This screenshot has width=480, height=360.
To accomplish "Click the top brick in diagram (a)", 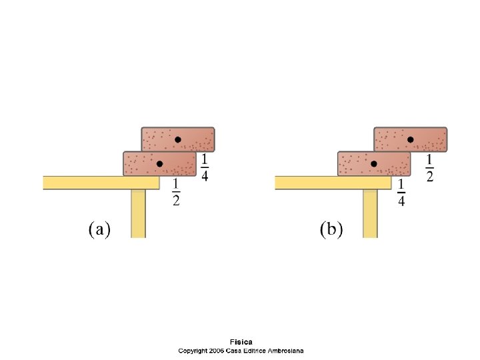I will click(x=177, y=139).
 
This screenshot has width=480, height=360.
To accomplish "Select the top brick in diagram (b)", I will click(x=410, y=139).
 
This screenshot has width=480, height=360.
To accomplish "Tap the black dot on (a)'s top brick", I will click(x=178, y=139).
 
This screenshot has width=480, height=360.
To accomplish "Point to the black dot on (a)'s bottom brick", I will click(x=159, y=164).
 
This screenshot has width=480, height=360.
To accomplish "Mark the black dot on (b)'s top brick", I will click(x=411, y=139).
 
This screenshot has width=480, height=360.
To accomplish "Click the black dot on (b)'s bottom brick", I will click(x=374, y=164).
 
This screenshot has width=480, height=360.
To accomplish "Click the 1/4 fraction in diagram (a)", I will click(x=204, y=168).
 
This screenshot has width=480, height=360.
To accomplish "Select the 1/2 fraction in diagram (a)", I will click(x=176, y=193).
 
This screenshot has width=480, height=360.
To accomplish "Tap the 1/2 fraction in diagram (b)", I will click(x=429, y=168).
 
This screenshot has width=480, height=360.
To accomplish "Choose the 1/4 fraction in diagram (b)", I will click(x=401, y=193).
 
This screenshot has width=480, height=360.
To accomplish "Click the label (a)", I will click(x=99, y=230).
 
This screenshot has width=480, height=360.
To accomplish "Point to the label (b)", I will click(x=331, y=230).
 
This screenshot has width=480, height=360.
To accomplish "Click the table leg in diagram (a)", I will click(x=138, y=213).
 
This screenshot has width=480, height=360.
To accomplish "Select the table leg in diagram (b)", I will click(x=370, y=213).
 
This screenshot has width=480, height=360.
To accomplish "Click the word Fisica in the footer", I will click(x=241, y=342).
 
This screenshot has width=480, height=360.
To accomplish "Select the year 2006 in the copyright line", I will click(x=216, y=351).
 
